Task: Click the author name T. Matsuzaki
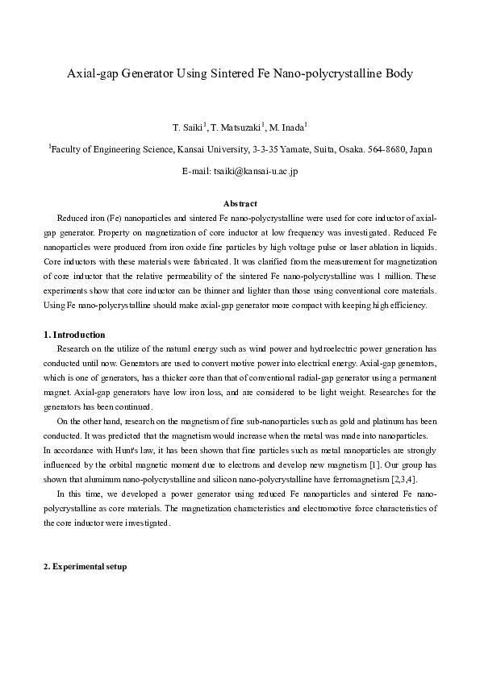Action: [x=237, y=127]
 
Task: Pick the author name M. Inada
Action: [x=287, y=127]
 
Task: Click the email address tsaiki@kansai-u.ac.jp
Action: [x=256, y=171]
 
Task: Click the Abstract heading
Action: [x=240, y=204]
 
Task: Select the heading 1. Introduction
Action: [x=73, y=335]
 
